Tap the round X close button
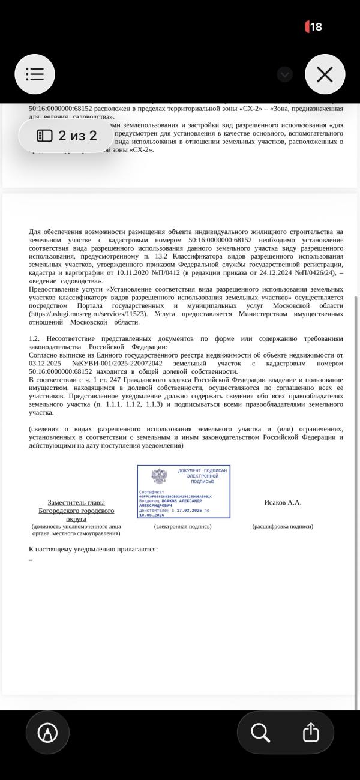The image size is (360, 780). pyautogui.click(x=325, y=74)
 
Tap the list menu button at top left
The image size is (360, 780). pyautogui.click(x=35, y=74)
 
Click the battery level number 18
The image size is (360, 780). pyautogui.click(x=316, y=27)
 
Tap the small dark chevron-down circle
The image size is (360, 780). pyautogui.click(x=285, y=74)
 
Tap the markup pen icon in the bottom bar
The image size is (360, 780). pyautogui.click(x=47, y=733)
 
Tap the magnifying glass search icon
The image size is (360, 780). pyautogui.click(x=260, y=733)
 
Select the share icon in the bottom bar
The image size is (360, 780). pyautogui.click(x=310, y=733)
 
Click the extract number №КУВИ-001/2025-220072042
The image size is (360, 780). pyautogui.click(x=117, y=364)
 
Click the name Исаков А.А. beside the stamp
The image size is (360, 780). pyautogui.click(x=282, y=502)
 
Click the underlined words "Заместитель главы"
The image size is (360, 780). pyautogui.click(x=76, y=502)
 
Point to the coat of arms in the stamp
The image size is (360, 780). pyautogui.click(x=159, y=476)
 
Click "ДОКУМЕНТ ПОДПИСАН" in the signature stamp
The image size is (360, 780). pyautogui.click(x=202, y=471)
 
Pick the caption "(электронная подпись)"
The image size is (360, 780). pyautogui.click(x=182, y=526)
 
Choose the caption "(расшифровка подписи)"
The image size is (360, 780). pyautogui.click(x=282, y=526)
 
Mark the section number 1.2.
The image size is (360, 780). pyautogui.click(x=34, y=338)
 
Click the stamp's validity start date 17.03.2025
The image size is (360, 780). pyautogui.click(x=190, y=510)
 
